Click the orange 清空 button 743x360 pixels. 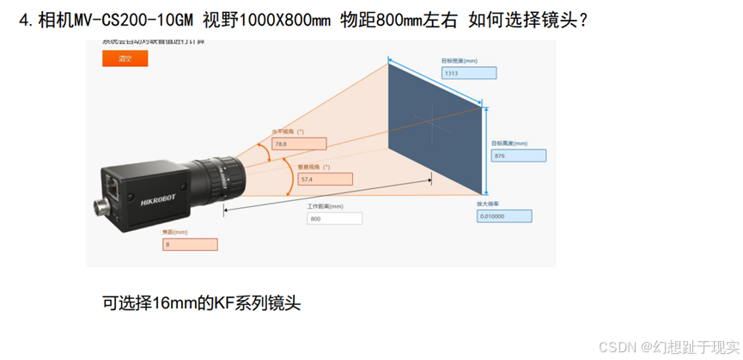125,58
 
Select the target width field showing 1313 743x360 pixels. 468,74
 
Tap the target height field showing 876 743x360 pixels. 518,156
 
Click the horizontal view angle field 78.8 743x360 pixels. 300,144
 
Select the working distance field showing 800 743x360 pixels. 334,218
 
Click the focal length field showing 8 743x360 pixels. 190,244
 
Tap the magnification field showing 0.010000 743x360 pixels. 503,217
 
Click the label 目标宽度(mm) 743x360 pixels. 460,62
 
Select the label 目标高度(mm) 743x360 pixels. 509,143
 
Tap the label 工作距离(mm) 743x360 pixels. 325,206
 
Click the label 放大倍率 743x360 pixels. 489,204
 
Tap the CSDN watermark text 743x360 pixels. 617,346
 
